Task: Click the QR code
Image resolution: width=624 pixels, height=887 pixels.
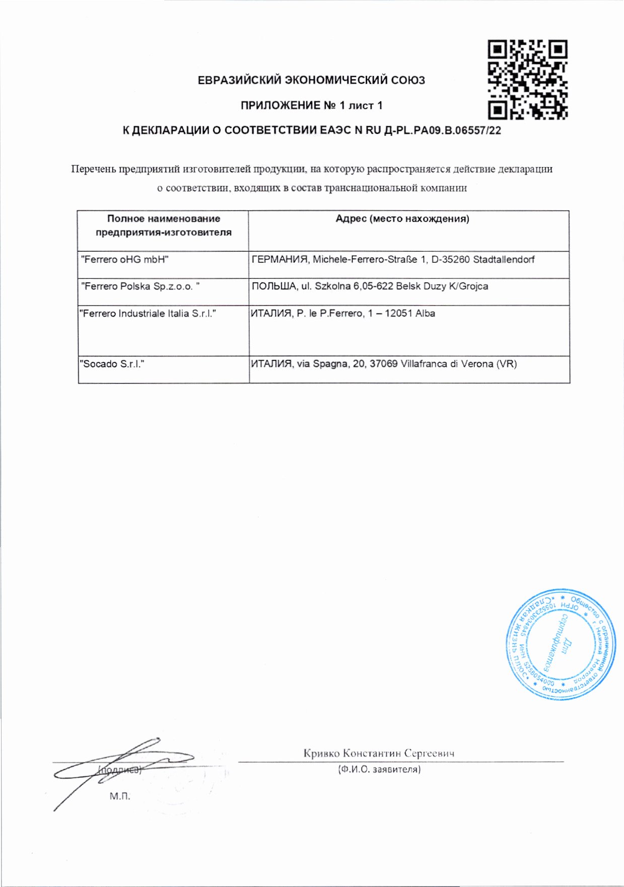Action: click(527, 80)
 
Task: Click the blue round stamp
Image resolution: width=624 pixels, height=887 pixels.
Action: click(560, 644)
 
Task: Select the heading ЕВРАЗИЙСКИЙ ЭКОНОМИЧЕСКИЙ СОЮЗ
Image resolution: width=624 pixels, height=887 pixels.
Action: click(311, 80)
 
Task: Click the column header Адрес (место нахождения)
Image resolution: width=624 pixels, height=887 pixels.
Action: click(402, 218)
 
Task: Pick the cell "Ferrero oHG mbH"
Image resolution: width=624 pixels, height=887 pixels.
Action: click(125, 260)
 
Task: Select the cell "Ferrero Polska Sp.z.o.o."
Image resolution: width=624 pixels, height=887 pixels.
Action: click(141, 286)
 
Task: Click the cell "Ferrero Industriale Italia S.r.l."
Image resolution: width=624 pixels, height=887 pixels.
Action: click(148, 314)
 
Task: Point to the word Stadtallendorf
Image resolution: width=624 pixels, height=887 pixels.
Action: click(504, 260)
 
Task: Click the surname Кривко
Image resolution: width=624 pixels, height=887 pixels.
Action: click(321, 754)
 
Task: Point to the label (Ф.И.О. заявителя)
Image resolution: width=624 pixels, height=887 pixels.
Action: click(379, 769)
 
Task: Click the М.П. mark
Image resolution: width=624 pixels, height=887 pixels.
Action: click(120, 796)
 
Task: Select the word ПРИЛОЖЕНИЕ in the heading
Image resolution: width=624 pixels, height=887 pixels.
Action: click(281, 106)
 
